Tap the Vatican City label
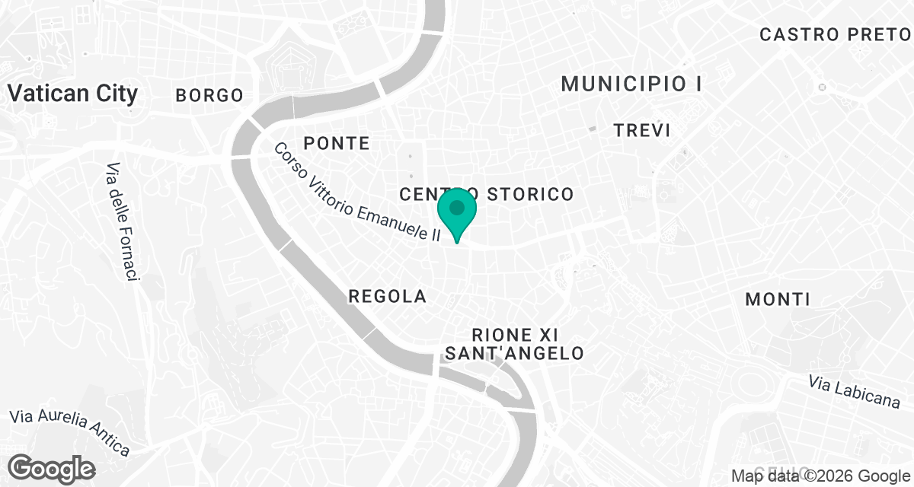[72, 94]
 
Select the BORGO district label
[209, 96]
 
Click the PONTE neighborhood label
[336, 143]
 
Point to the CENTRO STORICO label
[486, 194]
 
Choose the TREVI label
[642, 131]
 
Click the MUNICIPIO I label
[631, 84]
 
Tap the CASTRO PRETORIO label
[836, 35]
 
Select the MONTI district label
[778, 300]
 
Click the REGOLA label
[387, 297]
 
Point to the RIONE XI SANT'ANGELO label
[514, 344]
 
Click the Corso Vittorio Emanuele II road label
[357, 193]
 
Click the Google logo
[52, 468]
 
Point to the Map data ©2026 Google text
[820, 476]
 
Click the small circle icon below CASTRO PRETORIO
[822, 87]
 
